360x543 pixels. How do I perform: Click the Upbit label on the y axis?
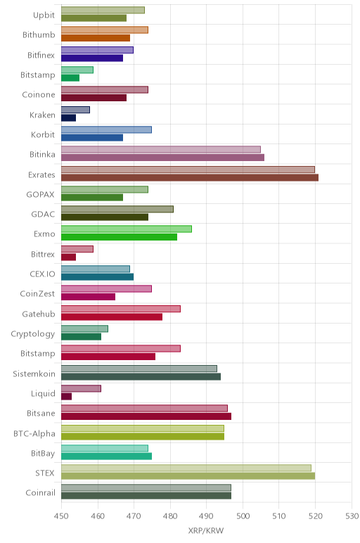click(x=44, y=15)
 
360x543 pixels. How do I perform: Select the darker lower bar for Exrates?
click(x=190, y=178)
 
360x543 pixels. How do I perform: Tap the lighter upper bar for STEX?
click(x=186, y=468)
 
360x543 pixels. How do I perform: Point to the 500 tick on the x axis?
click(x=243, y=516)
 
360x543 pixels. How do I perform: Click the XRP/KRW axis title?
click(x=206, y=530)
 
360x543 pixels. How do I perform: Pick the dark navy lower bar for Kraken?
click(x=68, y=117)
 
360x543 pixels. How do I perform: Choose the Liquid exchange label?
click(x=43, y=393)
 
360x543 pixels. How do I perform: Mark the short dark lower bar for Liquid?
click(x=67, y=396)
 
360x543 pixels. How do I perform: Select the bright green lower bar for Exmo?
click(x=119, y=237)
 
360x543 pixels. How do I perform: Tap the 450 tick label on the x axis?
click(x=61, y=516)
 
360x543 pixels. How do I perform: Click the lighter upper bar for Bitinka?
click(x=161, y=150)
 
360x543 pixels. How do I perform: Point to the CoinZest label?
click(x=37, y=294)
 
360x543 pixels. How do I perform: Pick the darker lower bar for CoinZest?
click(x=89, y=297)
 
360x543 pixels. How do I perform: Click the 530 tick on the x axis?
click(x=352, y=516)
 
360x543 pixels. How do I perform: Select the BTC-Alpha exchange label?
click(x=34, y=433)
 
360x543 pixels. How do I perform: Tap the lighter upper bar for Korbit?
click(x=106, y=130)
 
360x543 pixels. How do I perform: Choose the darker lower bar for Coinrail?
click(x=146, y=496)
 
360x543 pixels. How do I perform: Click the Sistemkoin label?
click(x=34, y=373)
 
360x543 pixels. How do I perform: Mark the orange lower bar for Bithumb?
click(x=96, y=38)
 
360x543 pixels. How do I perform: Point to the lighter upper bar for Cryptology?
click(x=84, y=328)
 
